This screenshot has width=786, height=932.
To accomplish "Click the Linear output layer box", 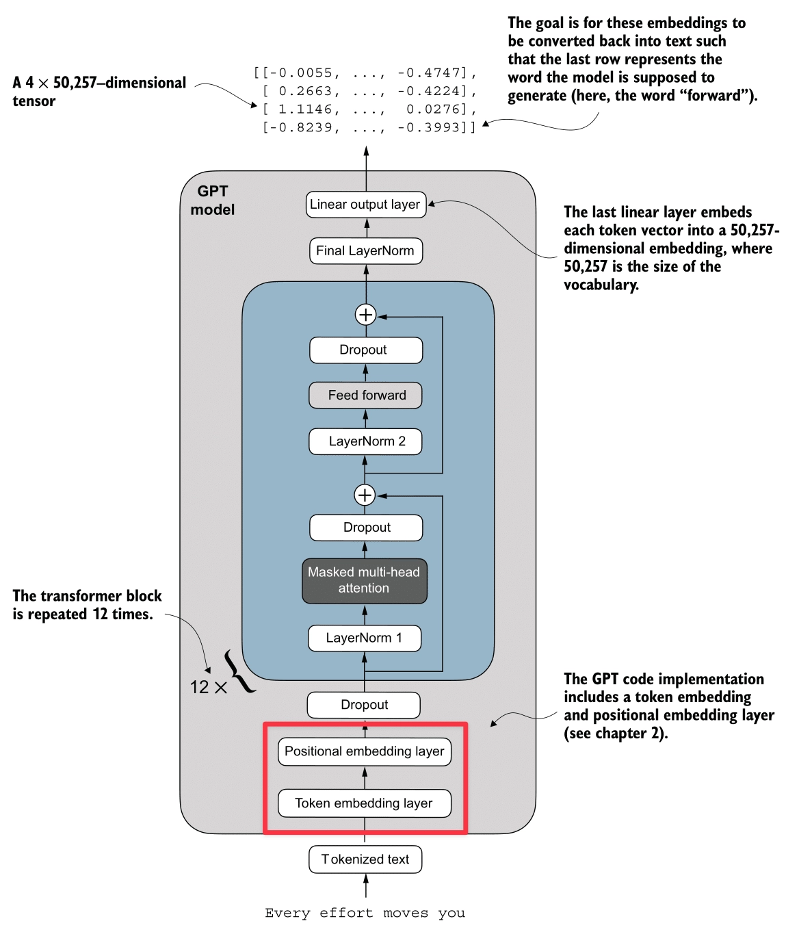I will coord(365,205).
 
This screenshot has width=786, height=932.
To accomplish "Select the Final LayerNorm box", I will coord(365,250).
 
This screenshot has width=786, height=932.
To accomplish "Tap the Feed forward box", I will coord(365,395).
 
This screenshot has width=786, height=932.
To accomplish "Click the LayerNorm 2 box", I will coord(365,441).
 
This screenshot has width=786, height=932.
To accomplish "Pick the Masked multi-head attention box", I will coord(364,580).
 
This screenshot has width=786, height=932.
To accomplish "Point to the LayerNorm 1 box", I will coord(364,638).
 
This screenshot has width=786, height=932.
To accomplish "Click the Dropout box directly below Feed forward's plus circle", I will coord(365,350).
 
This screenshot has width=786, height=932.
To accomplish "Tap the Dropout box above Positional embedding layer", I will coord(364,705).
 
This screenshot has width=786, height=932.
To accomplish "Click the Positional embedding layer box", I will coord(364,751).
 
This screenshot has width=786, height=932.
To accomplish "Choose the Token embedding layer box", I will coord(364,803).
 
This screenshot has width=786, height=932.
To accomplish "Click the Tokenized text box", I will coord(365,859).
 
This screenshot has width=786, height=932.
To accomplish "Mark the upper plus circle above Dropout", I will coord(366,315).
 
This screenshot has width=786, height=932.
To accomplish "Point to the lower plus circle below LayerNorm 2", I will coord(365,495).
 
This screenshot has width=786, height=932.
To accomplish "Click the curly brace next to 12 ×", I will coord(239,671).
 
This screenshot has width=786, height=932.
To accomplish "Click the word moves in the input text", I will coord(406,913).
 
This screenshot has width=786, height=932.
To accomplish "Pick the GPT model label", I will coord(213,200).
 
